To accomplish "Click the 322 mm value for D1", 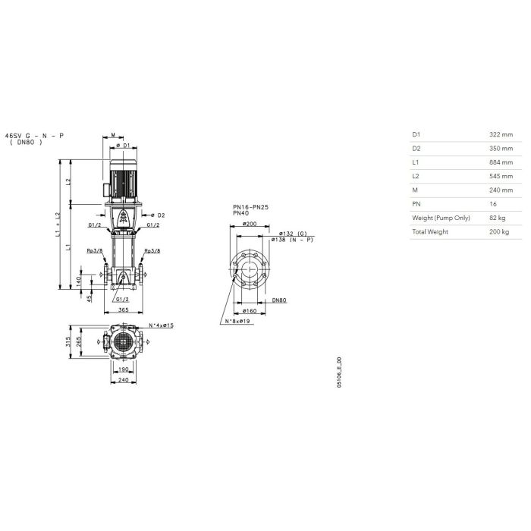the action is [501, 134].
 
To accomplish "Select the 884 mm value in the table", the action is [501, 162].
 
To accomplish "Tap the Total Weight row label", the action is [430, 231].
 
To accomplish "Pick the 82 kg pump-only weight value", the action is [497, 218].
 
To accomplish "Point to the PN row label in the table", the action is [416, 204].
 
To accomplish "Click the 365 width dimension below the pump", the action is [124, 309].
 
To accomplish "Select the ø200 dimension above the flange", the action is [250, 224].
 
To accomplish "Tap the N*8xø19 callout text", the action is [237, 321].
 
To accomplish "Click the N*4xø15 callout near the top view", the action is [161, 325].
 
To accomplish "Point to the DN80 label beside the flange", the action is [279, 300].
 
